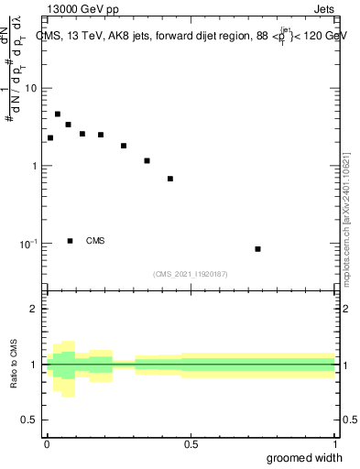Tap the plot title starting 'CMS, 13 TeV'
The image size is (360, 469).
click(192, 36)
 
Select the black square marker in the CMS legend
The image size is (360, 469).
click(71, 241)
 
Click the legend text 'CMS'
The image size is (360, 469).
click(95, 241)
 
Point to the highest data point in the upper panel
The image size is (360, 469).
click(58, 115)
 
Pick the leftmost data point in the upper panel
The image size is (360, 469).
click(50, 137)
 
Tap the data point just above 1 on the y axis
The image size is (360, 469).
click(147, 160)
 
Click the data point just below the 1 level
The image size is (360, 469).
click(170, 179)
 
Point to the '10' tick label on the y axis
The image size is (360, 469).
click(31, 89)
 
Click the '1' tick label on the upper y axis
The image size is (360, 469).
click(35, 167)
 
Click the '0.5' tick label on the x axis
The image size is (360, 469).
click(191, 443)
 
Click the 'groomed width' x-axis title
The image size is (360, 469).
click(304, 458)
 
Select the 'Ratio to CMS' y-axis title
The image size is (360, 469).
click(14, 365)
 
